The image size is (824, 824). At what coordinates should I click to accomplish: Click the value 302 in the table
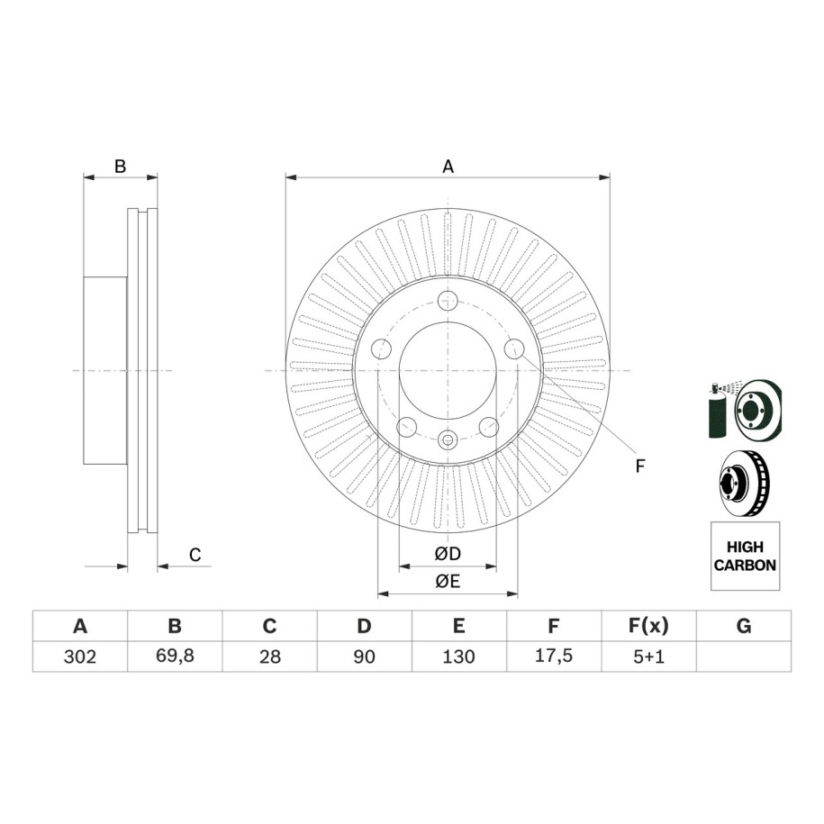80,656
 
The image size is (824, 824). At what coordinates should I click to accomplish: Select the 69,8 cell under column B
175,656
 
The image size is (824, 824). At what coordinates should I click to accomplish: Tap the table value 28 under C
269,656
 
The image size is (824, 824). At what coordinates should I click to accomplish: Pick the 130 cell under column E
458,656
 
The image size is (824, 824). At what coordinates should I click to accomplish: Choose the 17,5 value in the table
553,656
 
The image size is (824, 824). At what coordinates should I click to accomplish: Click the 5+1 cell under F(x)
648,656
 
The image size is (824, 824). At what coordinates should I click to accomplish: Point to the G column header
744,626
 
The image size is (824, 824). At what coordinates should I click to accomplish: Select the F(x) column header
648,626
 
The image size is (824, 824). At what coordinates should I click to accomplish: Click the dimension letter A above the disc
448,167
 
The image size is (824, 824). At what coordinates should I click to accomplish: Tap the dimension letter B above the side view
121,167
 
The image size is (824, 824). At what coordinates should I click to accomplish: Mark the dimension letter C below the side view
195,555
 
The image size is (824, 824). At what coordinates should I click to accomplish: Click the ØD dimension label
448,554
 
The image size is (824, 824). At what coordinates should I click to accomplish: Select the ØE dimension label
448,581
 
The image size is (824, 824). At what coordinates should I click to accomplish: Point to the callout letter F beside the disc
639,466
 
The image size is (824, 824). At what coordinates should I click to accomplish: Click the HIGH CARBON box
745,556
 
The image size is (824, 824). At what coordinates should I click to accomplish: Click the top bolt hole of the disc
448,301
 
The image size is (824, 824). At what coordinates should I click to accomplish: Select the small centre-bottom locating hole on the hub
448,439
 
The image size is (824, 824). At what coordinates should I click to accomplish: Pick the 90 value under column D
364,656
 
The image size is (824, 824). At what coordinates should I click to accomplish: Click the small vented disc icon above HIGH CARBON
745,482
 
